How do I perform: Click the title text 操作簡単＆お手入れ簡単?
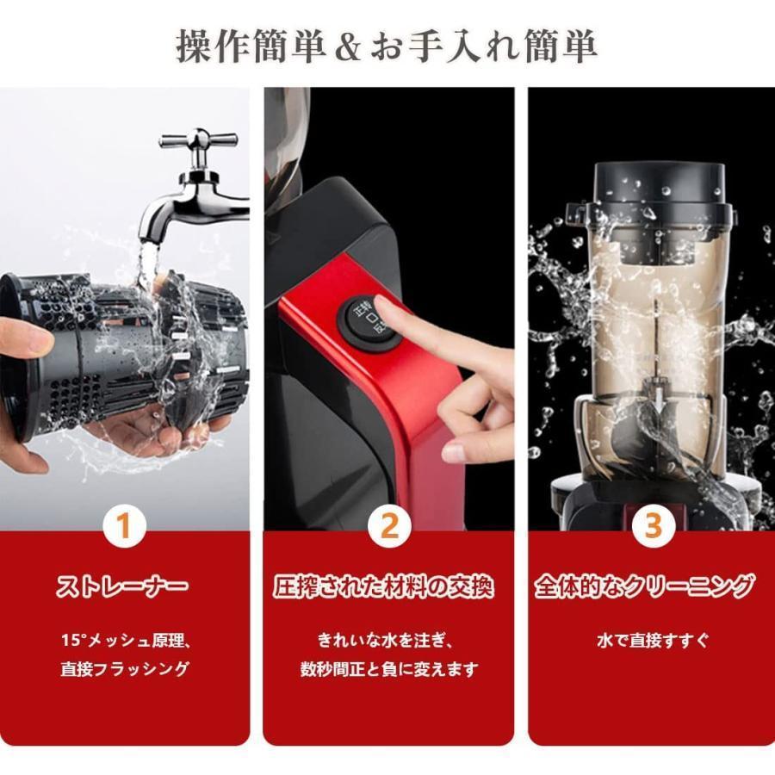(x=387, y=46)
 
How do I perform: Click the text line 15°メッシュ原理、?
(x=125, y=641)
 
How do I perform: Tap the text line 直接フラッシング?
(x=125, y=669)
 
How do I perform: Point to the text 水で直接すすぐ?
(x=653, y=641)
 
